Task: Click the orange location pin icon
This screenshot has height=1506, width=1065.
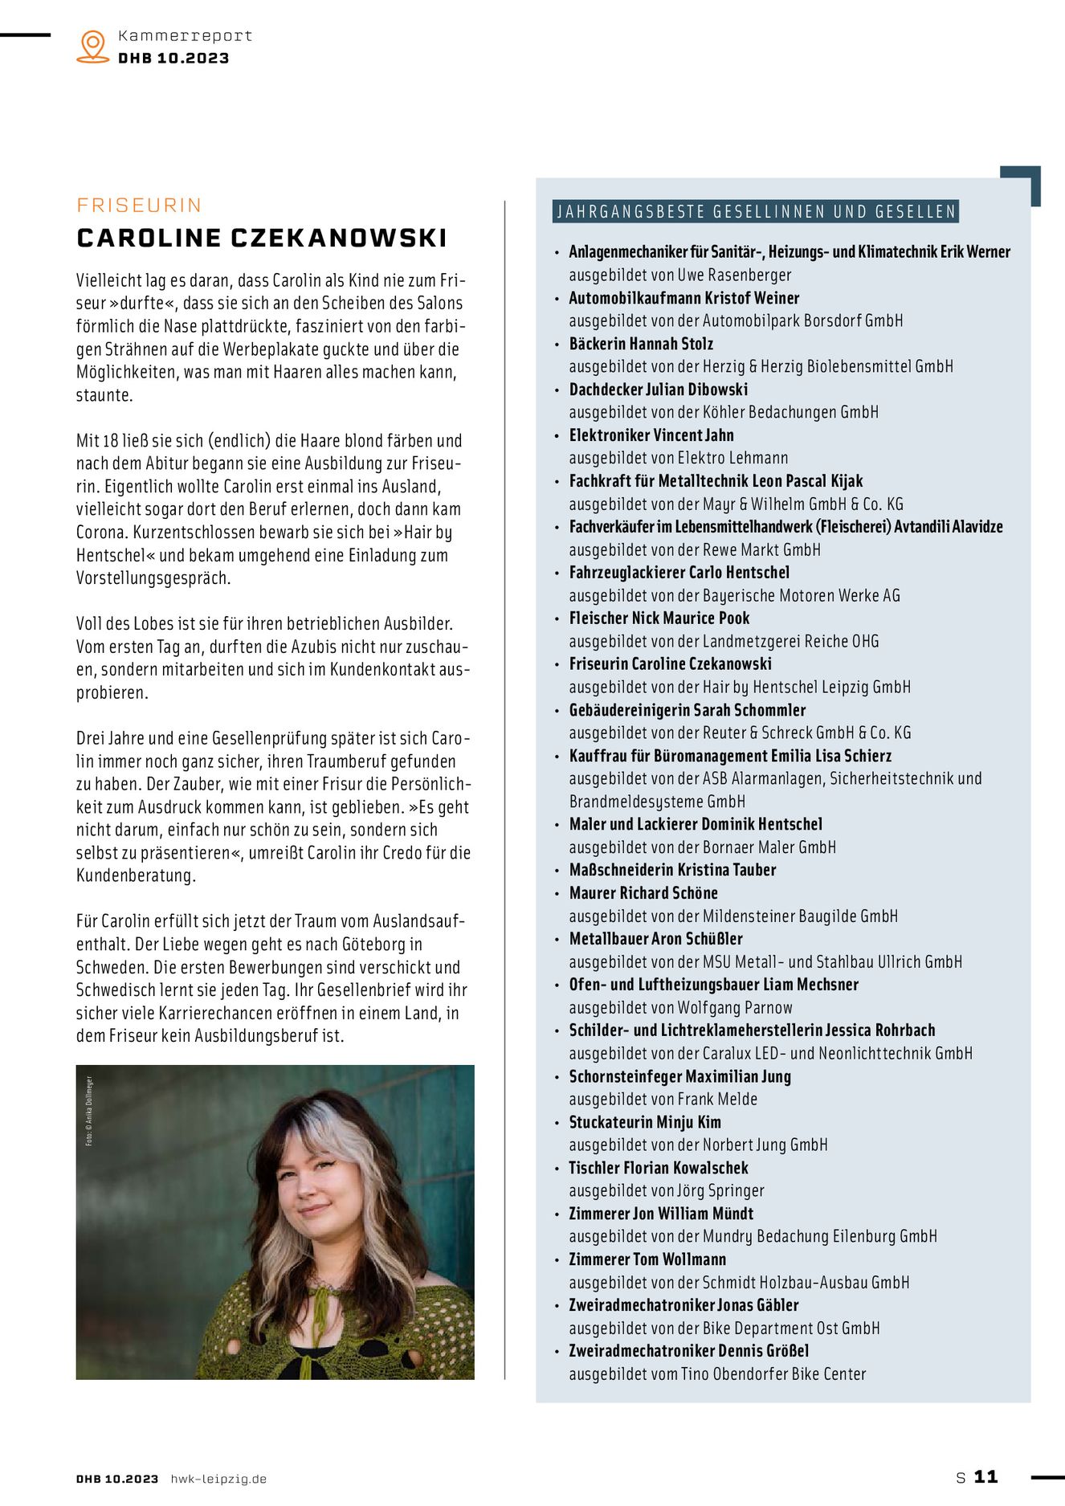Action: point(93,46)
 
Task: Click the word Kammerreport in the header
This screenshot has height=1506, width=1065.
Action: point(185,36)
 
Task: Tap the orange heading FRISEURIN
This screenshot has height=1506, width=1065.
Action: point(139,206)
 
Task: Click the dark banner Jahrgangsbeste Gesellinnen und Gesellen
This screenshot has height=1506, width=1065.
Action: point(755,212)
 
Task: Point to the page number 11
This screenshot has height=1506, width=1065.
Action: point(985,1476)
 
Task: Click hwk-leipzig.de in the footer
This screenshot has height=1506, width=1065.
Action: point(218,1479)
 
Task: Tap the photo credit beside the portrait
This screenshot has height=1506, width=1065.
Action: point(89,1111)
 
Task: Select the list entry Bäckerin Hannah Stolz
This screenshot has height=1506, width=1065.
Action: point(641,344)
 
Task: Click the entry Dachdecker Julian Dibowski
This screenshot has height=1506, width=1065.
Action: point(658,390)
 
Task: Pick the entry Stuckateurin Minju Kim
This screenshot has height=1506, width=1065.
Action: point(645,1122)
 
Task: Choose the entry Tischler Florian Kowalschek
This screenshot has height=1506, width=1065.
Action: point(659,1168)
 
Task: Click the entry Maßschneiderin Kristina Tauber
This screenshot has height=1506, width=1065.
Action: point(672,870)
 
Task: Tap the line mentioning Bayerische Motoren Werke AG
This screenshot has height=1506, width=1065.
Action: point(734,595)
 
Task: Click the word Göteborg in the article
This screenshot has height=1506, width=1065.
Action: point(375,944)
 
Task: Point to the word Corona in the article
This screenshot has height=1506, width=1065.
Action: point(101,532)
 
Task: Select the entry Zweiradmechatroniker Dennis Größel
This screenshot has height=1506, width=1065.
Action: point(688,1351)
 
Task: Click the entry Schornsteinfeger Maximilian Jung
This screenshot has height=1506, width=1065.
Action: point(679,1076)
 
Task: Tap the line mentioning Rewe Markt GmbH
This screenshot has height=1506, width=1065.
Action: point(695,549)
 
